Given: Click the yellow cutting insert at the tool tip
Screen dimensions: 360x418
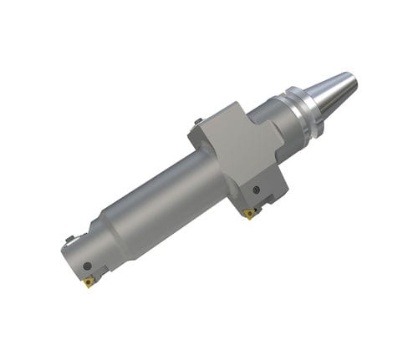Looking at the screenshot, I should point(89,281).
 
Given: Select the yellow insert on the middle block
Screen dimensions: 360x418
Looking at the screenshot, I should point(248,214).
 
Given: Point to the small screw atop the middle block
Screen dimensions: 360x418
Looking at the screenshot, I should point(197,122).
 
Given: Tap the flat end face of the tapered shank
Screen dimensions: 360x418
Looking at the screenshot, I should point(352,79).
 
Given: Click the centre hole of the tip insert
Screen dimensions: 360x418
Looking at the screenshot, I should point(89,281).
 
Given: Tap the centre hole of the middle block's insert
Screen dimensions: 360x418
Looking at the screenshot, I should point(248,214).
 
